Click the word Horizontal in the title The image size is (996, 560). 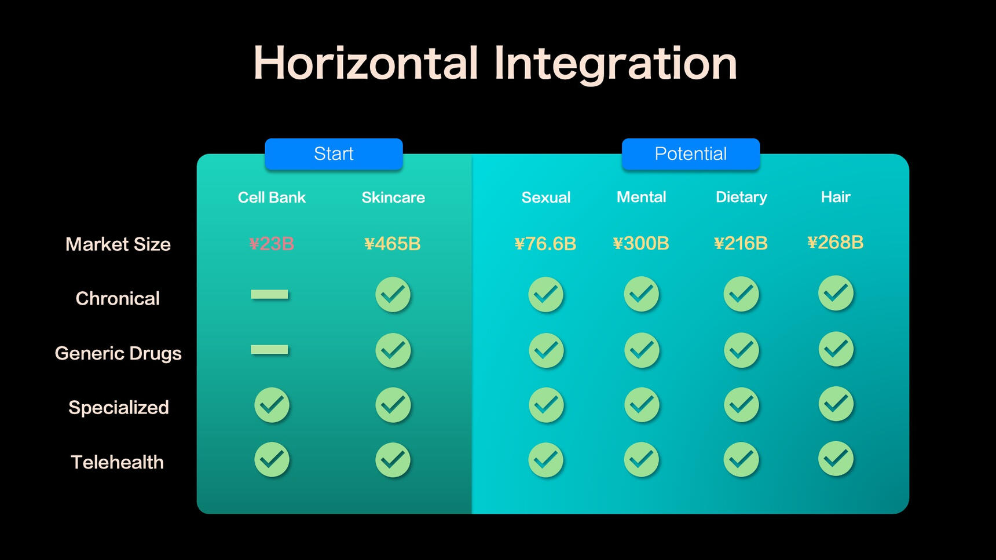366,63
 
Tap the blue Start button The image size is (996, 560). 334,153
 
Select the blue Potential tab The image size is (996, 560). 690,153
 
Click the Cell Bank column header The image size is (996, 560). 272,197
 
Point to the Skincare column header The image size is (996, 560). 393,197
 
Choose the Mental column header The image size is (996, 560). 641,197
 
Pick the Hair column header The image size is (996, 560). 836,197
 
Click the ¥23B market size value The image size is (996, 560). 272,244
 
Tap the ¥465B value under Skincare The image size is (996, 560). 393,244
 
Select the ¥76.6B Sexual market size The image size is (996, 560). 545,244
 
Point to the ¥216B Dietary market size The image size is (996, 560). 741,243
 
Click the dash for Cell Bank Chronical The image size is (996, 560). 269,294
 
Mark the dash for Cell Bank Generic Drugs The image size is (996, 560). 269,349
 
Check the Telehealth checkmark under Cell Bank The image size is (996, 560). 272,459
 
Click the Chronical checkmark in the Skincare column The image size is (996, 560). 393,294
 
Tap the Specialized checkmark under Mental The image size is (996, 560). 642,404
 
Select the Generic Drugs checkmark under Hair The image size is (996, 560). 836,349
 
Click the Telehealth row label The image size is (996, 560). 117,462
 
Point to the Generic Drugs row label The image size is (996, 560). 118,353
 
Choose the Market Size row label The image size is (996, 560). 118,244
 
